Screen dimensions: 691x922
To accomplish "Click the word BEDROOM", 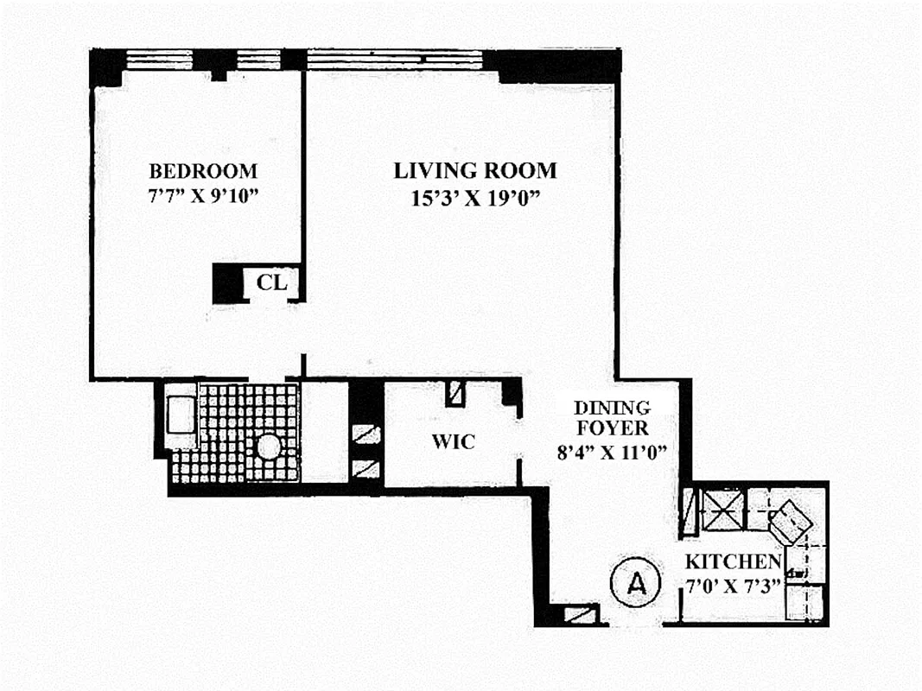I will pos(202,170).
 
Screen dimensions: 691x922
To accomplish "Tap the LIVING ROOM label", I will pos(475,170).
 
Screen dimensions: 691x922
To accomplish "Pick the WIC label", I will pos(453,442).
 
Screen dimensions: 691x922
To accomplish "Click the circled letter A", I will pos(636,583).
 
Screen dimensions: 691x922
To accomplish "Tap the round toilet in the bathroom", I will pos(269,447).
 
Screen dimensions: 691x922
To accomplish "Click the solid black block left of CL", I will pos(226,282).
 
